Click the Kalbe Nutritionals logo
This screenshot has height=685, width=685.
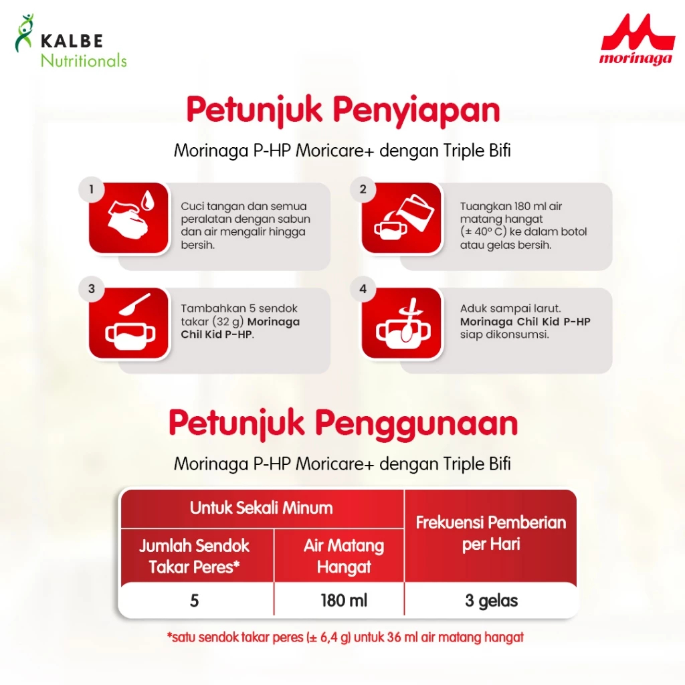tap(71, 41)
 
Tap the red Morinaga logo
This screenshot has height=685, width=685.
tap(637, 39)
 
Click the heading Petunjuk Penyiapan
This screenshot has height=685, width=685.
tap(343, 110)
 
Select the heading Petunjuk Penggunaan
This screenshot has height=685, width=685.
tap(343, 423)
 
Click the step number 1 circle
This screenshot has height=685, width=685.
tap(91, 189)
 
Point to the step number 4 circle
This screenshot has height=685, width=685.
tap(363, 289)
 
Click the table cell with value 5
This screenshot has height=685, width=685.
tap(195, 601)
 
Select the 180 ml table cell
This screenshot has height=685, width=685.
tap(344, 601)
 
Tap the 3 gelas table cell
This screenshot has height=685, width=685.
tap(491, 601)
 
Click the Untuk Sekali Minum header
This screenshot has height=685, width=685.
tap(262, 508)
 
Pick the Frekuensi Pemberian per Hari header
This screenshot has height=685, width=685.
tap(491, 533)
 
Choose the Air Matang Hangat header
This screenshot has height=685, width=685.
tap(344, 556)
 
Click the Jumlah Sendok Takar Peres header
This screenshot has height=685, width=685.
tap(195, 556)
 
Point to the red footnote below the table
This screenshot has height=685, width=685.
tap(345, 638)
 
